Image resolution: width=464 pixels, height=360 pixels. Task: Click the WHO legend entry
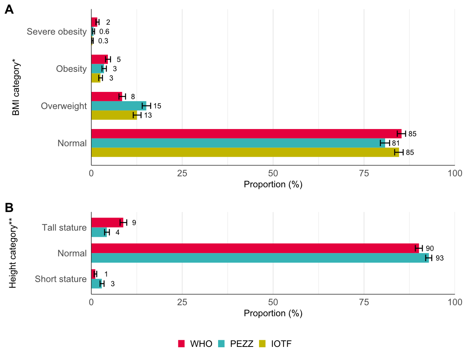195,344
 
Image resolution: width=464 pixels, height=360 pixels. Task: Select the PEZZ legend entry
236,344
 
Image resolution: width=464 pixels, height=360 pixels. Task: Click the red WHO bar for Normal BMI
246,134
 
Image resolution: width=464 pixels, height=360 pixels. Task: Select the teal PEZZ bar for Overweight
119,106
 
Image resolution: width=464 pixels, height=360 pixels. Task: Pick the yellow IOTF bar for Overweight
114,115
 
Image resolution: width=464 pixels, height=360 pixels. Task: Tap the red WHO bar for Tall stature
107,222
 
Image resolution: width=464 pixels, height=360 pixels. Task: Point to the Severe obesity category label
56,32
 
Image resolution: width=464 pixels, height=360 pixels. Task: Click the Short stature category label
60,279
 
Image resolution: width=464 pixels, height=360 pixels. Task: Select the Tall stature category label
64,228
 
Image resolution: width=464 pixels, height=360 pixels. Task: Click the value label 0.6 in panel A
104,32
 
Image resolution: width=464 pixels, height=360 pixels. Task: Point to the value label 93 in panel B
440,258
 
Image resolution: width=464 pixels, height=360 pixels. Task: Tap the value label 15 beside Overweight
157,106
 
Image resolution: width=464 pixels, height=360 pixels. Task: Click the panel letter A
9,10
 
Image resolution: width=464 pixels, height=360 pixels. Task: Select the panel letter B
9,208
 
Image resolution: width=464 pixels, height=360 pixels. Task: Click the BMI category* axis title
15,87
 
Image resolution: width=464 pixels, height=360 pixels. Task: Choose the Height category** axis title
13,253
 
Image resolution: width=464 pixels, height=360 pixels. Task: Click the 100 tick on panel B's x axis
454,302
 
